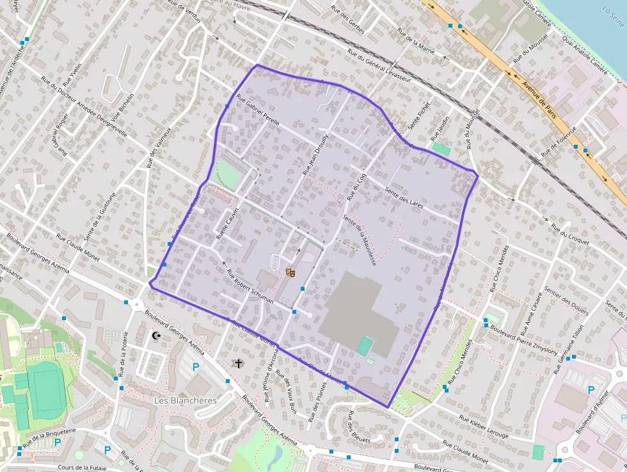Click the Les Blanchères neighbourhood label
186,400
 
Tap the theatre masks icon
290,272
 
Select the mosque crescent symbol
155,334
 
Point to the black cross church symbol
239,364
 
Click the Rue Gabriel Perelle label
258,113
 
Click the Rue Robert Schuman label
250,286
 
